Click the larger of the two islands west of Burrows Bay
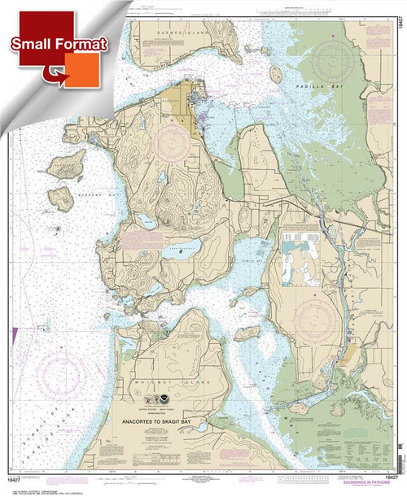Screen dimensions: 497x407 point(65,163)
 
